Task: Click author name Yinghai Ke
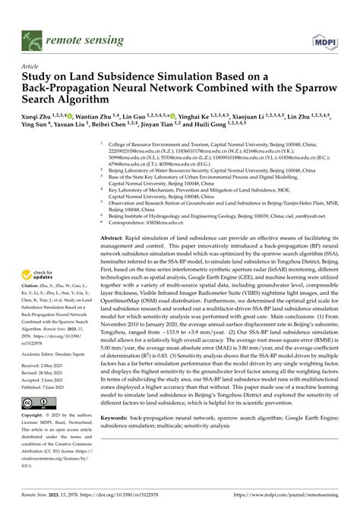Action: click(195, 116)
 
